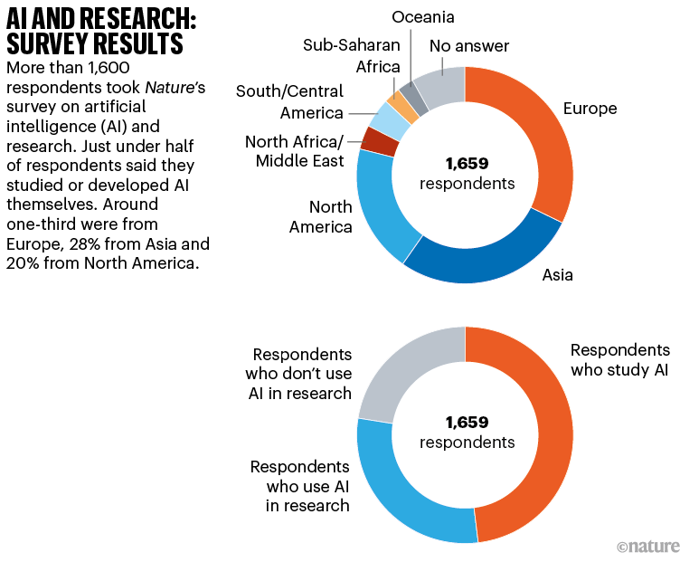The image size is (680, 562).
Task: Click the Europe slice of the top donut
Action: (543, 136)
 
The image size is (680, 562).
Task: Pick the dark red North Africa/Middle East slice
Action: (369, 141)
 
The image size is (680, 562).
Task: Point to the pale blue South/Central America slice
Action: (381, 119)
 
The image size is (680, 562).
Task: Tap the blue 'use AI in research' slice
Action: (398, 498)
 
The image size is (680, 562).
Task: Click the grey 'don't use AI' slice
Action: (398, 371)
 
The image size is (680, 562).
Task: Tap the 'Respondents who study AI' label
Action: (620, 360)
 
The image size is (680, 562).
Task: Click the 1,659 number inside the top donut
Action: (466, 164)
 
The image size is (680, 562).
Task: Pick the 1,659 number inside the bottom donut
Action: (466, 423)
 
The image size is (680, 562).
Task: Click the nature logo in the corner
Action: (646, 547)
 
